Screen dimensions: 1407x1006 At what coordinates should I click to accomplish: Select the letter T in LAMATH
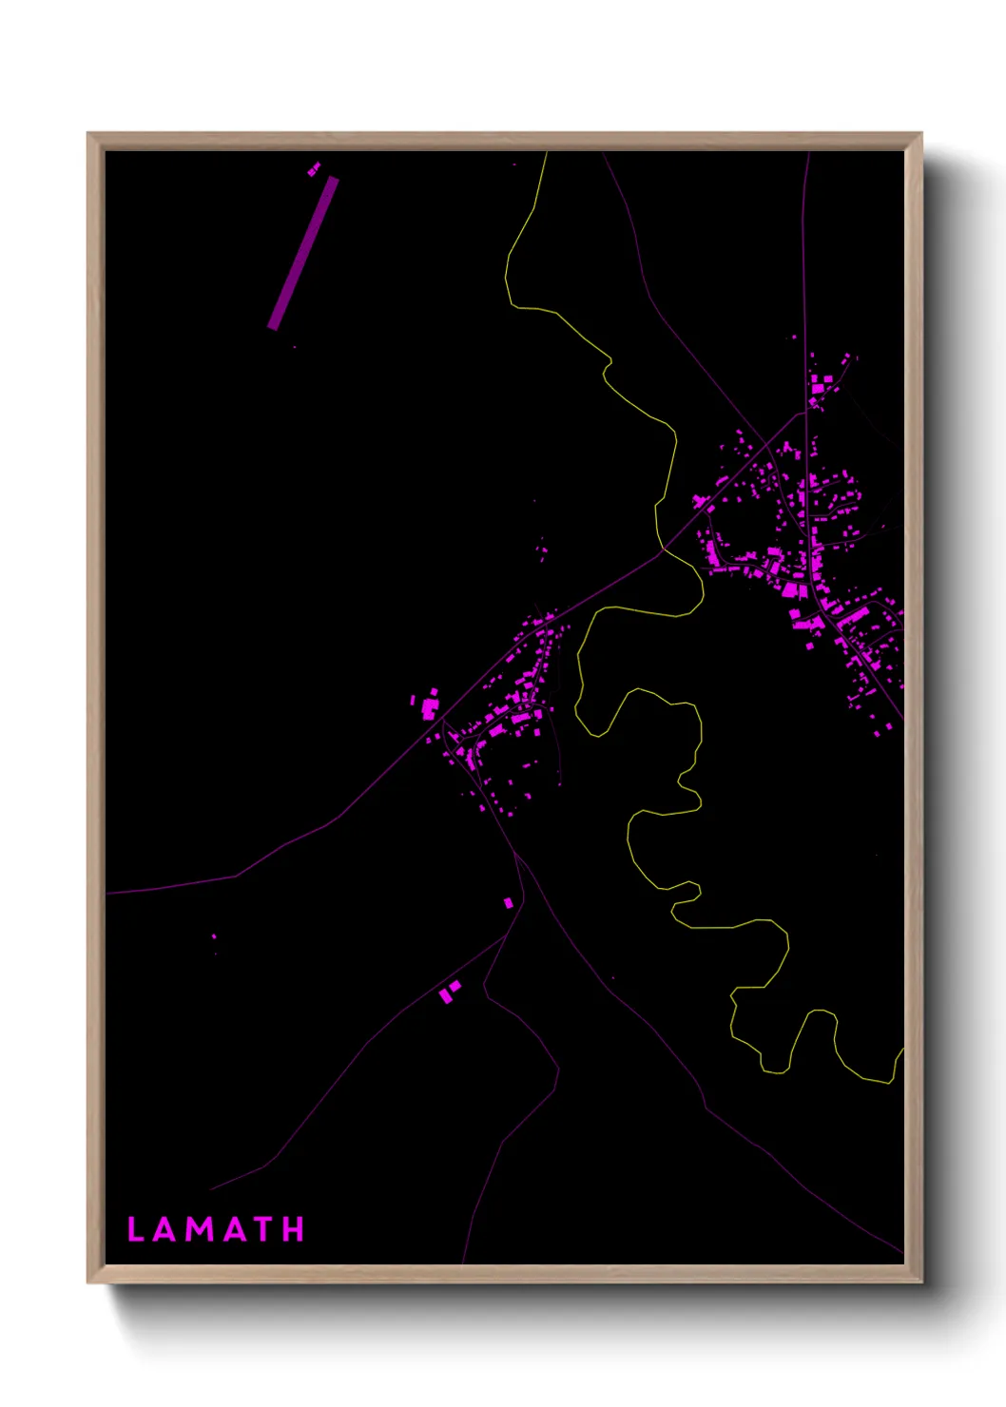265,1229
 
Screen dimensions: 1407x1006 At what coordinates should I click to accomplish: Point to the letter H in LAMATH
295,1229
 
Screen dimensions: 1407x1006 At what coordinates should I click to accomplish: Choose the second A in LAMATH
235,1229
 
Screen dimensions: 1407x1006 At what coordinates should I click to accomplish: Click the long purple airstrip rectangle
303,253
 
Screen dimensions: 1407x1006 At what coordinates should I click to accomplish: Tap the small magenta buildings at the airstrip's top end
314,169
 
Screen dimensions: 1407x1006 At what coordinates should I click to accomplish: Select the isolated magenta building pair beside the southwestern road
449,992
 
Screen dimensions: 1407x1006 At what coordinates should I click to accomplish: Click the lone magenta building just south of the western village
509,902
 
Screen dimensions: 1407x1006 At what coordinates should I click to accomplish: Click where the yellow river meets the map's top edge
547,153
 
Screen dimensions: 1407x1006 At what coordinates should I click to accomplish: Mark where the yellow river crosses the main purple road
663,549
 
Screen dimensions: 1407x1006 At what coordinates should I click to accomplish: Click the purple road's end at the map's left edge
107,894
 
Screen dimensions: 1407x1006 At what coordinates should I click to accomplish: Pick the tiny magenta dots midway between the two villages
543,550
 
